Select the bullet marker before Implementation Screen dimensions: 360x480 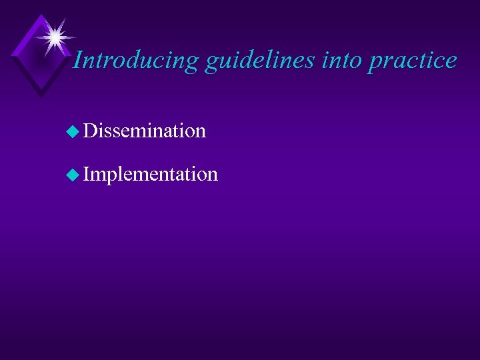point(73,175)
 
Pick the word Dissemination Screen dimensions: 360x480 point(145,131)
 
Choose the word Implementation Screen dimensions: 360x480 point(151,175)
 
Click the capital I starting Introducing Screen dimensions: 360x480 point(77,60)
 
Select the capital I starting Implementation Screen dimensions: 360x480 point(88,174)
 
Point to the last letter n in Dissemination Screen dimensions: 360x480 point(200,131)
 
